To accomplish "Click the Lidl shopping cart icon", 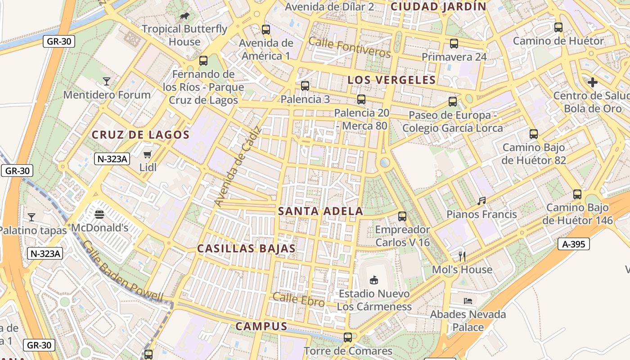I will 147,155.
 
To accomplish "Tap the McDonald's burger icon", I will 99,215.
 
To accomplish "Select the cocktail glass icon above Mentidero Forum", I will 107,81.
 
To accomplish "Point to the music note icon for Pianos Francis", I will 481,201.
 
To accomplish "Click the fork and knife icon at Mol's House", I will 462,256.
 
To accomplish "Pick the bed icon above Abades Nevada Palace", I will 468,301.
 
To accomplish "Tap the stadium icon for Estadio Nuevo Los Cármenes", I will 373,280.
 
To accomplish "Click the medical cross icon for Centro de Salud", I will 593,82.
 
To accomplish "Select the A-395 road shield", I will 573,244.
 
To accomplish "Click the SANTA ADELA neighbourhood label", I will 320,211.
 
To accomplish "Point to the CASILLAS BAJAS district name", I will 247,248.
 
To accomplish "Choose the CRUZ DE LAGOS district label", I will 140,135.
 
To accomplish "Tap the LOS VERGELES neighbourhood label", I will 391,80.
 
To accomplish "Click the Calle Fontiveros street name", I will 350,47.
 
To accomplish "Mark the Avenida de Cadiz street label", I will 238,167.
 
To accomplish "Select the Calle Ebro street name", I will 298,299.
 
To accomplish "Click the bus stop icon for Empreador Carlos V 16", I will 402,216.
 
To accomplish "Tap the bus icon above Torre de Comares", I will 347,337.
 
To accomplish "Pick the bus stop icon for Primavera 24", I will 454,44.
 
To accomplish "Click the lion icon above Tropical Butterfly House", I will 184,16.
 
